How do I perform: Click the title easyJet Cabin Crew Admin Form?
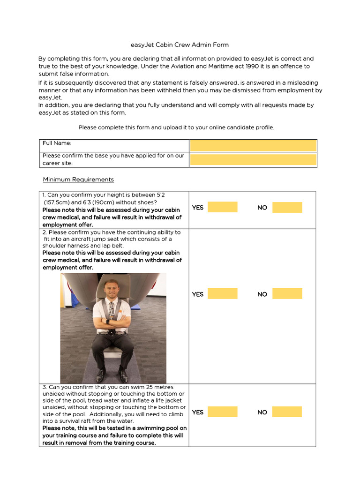coord(180,45)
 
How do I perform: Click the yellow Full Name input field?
coord(253,145)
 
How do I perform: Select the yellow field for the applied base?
coord(253,159)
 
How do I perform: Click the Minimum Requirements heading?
coord(78,180)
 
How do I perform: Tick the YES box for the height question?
coord(222,207)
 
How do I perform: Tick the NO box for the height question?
coord(287,207)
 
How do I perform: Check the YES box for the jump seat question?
coord(222,294)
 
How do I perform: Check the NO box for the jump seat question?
coord(287,294)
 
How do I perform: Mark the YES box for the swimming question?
coord(222,412)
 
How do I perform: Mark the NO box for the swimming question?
coord(287,412)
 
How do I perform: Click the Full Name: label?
coord(57,143)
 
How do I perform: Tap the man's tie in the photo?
coord(112,311)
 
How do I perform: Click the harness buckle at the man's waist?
coord(112,332)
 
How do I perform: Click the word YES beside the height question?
coord(198,208)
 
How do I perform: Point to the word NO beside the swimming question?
coord(262,412)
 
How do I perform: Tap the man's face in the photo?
coord(112,289)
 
